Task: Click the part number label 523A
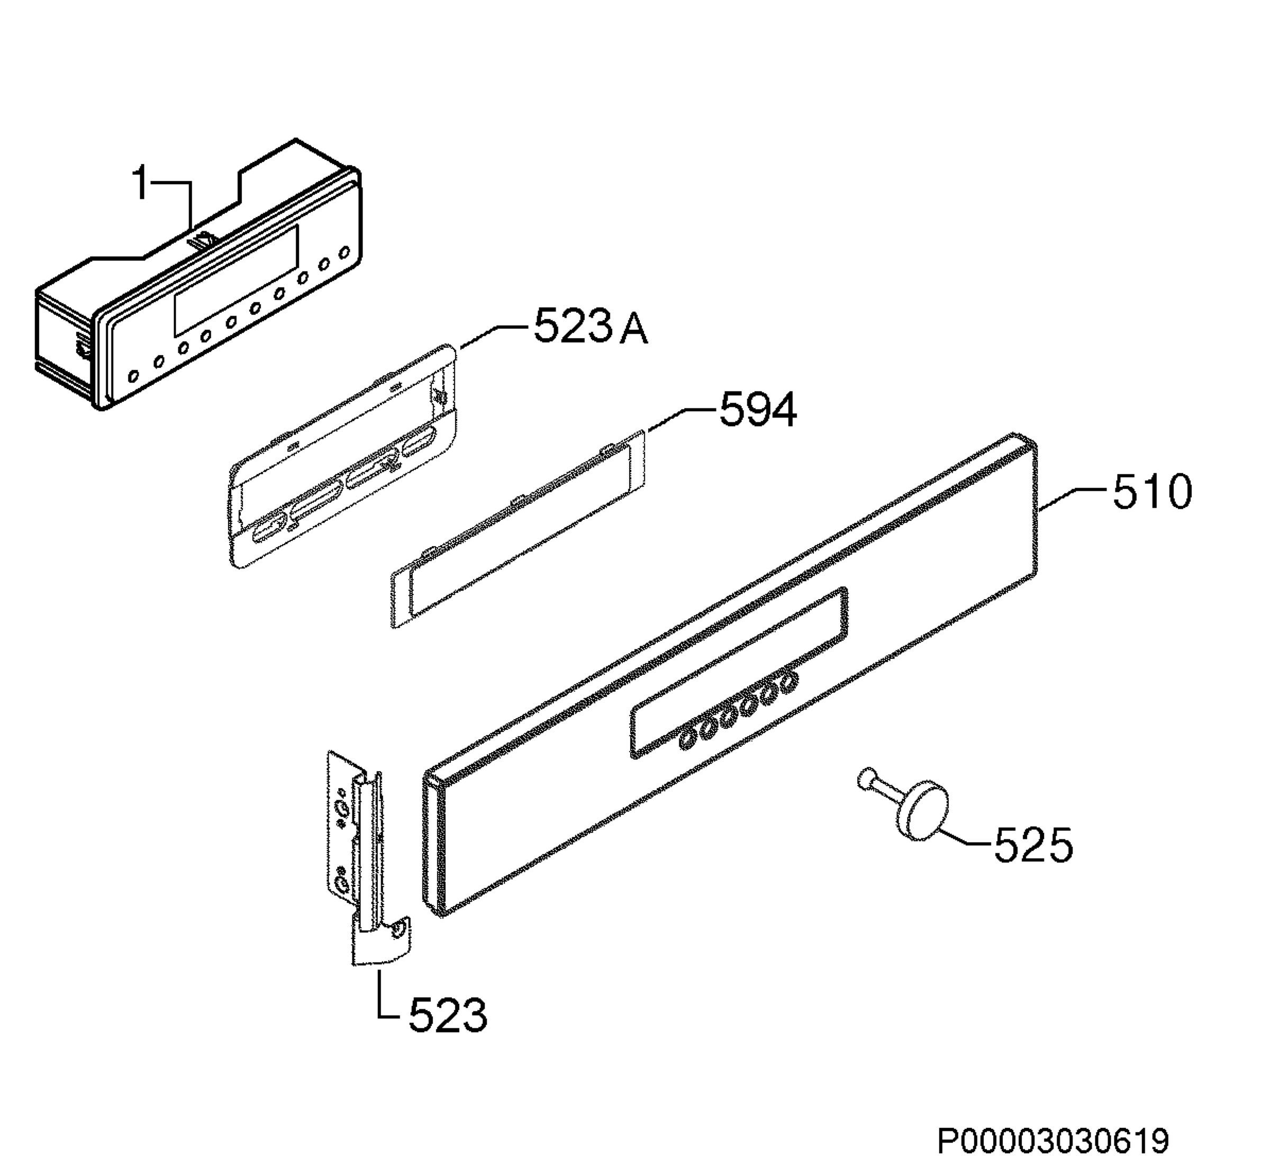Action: (591, 327)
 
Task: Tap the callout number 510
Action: (1152, 493)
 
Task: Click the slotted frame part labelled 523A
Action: (343, 455)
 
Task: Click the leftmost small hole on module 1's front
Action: (133, 376)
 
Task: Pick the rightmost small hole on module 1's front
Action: (344, 252)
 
